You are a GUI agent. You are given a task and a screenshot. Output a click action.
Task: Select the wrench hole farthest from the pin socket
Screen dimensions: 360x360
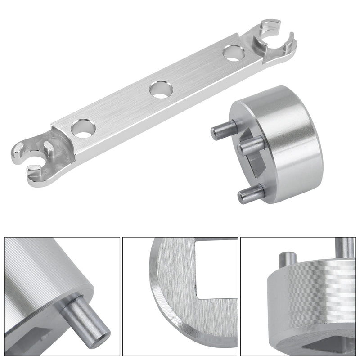(x=82, y=129)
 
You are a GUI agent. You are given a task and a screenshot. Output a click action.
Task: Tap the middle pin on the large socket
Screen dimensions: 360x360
(x=251, y=146)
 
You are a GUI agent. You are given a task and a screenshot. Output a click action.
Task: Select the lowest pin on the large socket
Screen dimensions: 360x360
(x=251, y=194)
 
